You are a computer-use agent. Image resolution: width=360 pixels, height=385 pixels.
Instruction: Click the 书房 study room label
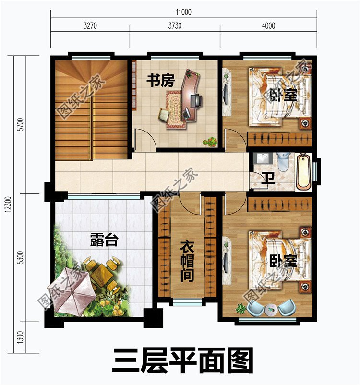160,81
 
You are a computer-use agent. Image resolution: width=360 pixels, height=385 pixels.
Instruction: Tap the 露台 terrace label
104,240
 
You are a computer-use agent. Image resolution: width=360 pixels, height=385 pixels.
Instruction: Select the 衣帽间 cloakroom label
187,261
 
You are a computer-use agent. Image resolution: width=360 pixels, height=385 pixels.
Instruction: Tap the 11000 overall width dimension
182,12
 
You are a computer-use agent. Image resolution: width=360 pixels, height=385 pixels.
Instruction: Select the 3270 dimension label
90,26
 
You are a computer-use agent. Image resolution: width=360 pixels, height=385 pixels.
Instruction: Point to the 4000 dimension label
268,26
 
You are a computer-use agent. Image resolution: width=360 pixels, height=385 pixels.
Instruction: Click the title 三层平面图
182,361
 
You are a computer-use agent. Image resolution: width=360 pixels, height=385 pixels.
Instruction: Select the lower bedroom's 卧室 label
283,262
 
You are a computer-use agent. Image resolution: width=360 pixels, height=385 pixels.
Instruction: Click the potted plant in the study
210,142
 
